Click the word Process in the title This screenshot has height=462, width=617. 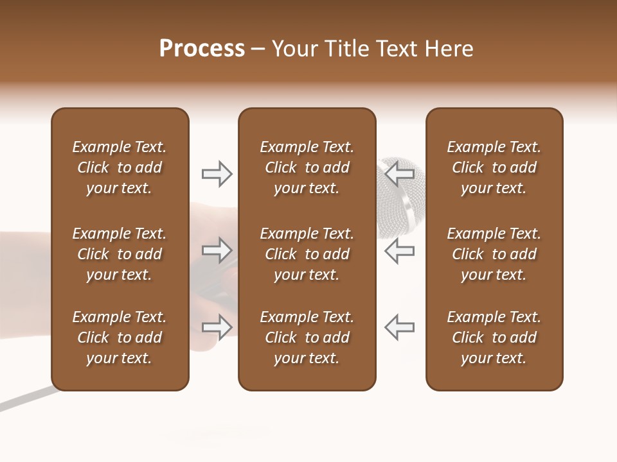click(x=202, y=49)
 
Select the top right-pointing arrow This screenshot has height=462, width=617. click(x=217, y=173)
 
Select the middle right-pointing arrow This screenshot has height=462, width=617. click(x=217, y=250)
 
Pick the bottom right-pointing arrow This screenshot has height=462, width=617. click(x=217, y=327)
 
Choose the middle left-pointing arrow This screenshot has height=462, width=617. click(x=399, y=250)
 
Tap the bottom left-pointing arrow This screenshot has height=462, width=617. click(x=399, y=327)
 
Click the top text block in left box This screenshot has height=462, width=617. click(x=120, y=167)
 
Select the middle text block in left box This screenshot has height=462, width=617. click(x=120, y=254)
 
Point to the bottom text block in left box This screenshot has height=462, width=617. click(x=120, y=338)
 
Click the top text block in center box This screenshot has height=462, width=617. click(x=307, y=167)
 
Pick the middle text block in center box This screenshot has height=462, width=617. click(x=307, y=254)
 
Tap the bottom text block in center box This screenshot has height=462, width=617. click(x=307, y=338)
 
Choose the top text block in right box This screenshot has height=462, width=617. click(x=494, y=167)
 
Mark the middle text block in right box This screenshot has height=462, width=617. click(x=494, y=254)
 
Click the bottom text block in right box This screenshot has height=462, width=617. click(x=494, y=338)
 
